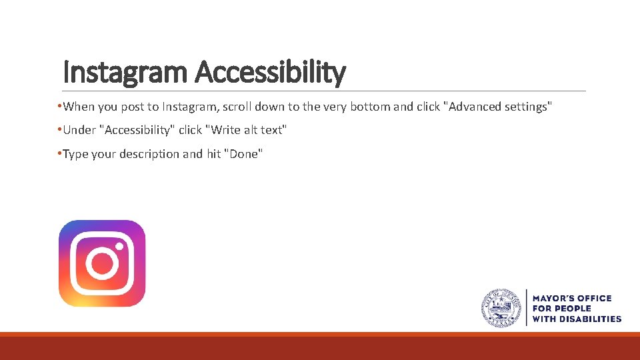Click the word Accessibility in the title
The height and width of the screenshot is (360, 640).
(x=270, y=72)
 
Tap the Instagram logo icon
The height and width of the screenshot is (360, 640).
(x=102, y=263)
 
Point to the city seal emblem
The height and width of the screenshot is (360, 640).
(x=501, y=308)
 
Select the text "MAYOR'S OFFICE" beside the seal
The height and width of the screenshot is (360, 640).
(x=571, y=298)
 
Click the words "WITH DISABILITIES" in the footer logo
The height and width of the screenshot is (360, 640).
(x=577, y=319)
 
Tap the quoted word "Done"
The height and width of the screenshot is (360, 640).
(x=245, y=154)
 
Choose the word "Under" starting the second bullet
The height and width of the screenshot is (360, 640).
(x=79, y=130)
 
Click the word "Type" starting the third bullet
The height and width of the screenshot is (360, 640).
(x=75, y=154)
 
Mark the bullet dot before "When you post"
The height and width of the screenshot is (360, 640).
(x=59, y=107)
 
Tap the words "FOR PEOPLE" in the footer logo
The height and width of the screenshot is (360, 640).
(x=561, y=309)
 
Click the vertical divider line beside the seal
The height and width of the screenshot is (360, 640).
(x=527, y=308)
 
